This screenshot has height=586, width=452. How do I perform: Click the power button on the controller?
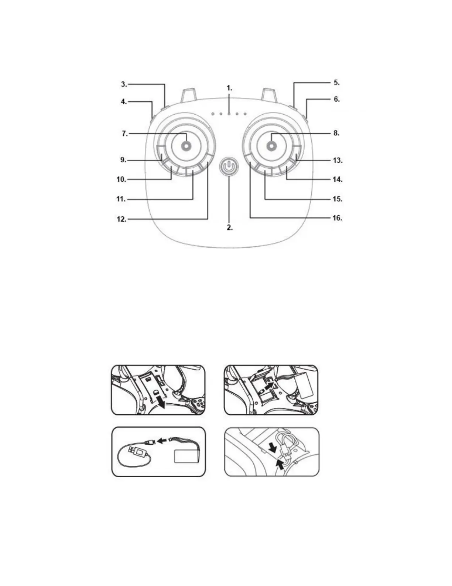tap(229, 167)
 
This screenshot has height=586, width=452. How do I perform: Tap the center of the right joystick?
tap(271, 146)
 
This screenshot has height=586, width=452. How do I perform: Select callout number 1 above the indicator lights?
tap(229, 88)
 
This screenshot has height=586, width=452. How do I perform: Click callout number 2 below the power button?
tap(229, 228)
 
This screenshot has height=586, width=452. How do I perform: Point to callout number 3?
tap(124, 84)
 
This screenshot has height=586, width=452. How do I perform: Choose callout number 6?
tap(336, 99)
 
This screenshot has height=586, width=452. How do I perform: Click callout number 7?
tap(125, 134)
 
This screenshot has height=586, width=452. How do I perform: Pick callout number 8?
tap(336, 133)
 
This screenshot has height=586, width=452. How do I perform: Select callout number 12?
tap(121, 219)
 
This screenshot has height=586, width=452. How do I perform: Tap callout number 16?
tap(337, 218)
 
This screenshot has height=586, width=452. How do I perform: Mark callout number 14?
tap(337, 179)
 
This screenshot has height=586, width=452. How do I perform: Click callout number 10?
tap(121, 179)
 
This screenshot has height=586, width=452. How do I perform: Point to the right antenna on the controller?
tap(270, 95)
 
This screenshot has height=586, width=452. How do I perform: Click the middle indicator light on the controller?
tap(229, 114)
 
